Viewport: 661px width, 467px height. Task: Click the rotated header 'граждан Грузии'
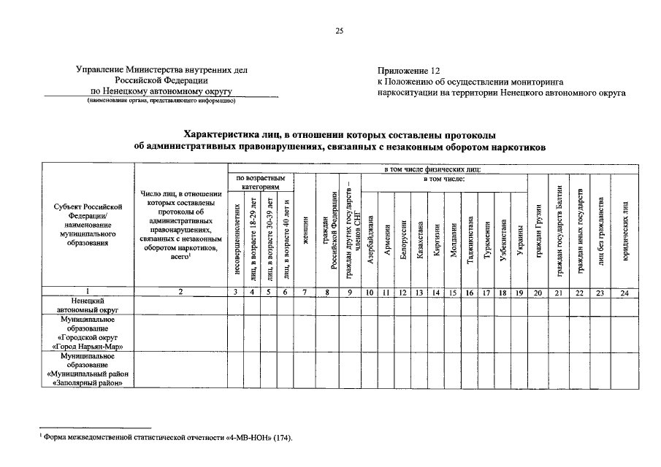537,233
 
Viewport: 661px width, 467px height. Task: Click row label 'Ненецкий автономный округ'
87,304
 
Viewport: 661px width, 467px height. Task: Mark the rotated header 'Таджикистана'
469,239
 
